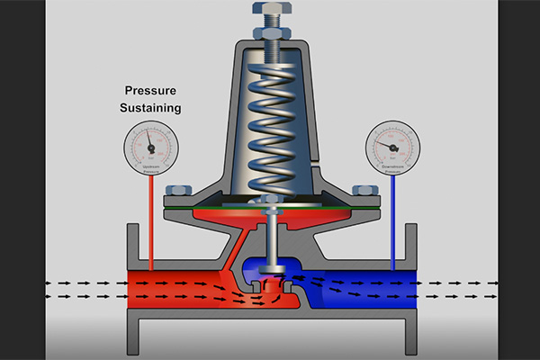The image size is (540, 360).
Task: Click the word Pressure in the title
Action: (153, 91)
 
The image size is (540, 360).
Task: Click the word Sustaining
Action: (153, 108)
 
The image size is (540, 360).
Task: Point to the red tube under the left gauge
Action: (151, 225)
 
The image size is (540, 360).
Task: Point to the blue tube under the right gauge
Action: (391, 225)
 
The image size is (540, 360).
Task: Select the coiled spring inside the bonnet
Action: (273, 126)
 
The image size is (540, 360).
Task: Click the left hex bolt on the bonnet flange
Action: (177, 191)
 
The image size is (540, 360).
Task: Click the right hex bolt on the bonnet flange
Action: (366, 191)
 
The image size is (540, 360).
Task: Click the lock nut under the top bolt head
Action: (273, 34)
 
